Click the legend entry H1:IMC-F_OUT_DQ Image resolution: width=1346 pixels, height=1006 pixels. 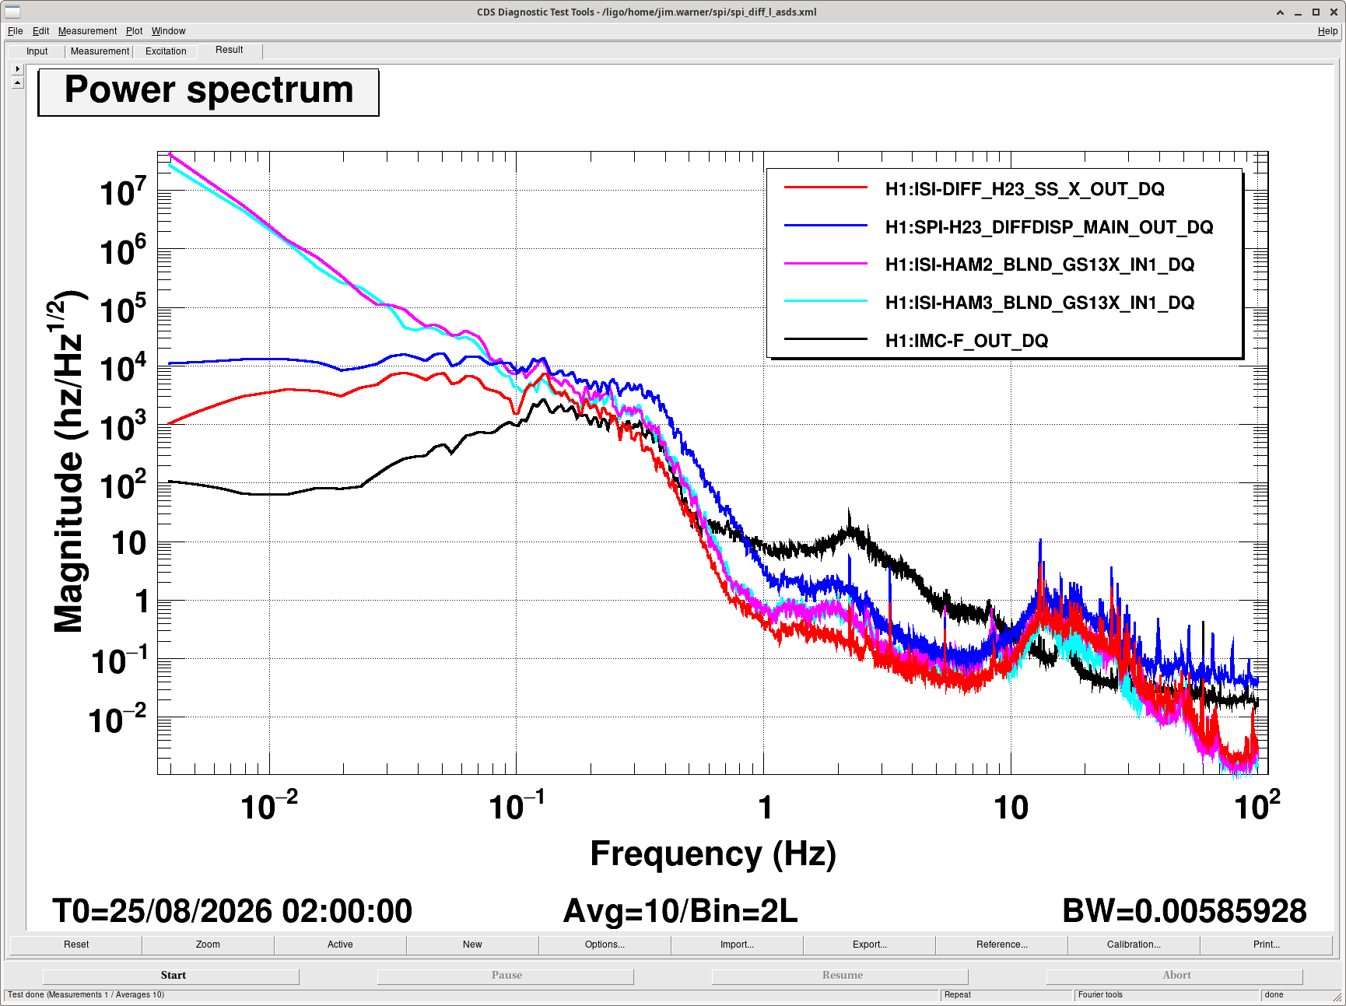tap(966, 341)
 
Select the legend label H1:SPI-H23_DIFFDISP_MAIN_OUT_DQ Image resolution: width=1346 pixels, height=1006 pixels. tap(1049, 227)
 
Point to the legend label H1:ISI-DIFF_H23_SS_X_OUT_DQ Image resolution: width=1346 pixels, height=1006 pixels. tap(1025, 189)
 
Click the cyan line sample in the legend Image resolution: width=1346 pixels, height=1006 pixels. tap(825, 301)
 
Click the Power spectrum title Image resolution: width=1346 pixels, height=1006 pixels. tap(209, 90)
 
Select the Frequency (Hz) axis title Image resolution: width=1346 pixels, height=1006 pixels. tap(713, 854)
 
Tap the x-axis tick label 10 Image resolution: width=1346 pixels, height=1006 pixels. tap(1011, 808)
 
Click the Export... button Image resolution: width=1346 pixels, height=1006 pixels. tap(869, 945)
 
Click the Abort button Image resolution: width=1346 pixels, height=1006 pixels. tap(1175, 976)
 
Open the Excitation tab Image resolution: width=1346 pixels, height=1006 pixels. tap(166, 51)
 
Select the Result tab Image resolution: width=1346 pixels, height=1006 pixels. tap(230, 50)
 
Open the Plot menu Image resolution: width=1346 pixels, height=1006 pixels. tap(135, 31)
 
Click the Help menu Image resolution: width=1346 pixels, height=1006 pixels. tap(1327, 31)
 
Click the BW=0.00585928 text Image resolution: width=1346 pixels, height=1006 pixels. tap(1184, 911)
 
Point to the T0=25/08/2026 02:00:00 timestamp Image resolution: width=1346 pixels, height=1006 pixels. tap(232, 911)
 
